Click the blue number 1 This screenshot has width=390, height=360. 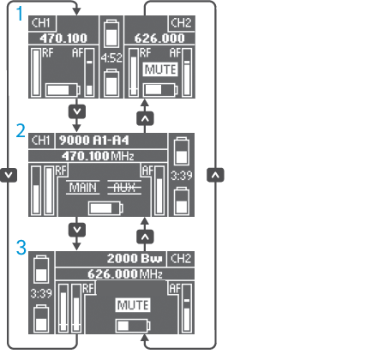click(20, 14)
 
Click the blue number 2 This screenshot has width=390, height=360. click(21, 131)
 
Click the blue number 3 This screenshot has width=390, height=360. click(21, 248)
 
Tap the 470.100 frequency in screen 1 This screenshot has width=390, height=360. click(63, 38)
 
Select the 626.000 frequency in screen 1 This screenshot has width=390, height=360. click(159, 38)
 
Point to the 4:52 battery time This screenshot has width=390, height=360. click(111, 58)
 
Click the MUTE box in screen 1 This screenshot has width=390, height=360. click(160, 69)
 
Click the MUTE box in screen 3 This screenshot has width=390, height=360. click(133, 305)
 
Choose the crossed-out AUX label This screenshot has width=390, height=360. click(124, 188)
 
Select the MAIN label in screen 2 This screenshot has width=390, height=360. click(83, 188)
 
